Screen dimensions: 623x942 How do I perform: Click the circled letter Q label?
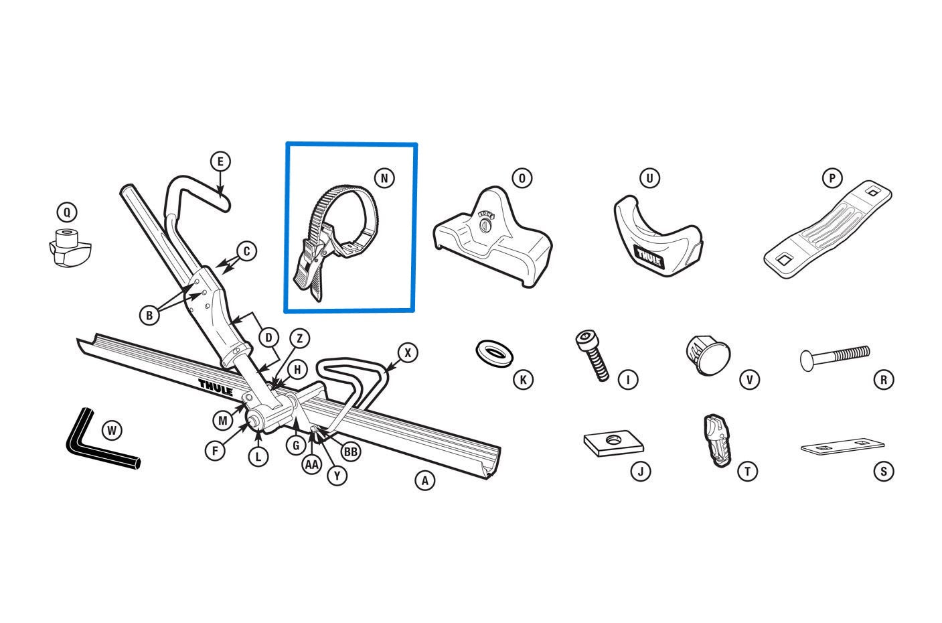click(x=67, y=213)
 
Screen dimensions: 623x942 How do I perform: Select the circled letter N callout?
click(x=384, y=178)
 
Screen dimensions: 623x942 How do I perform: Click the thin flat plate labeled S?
click(x=842, y=446)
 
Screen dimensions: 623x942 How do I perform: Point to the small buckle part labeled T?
click(x=714, y=439)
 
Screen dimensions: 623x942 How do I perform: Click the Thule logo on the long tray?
click(x=215, y=388)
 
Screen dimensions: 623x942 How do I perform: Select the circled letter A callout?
click(x=424, y=480)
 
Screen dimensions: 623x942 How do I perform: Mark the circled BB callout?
click(x=350, y=452)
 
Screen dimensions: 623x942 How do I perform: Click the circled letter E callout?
click(x=220, y=161)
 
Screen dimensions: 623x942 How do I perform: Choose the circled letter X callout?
click(x=408, y=352)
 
